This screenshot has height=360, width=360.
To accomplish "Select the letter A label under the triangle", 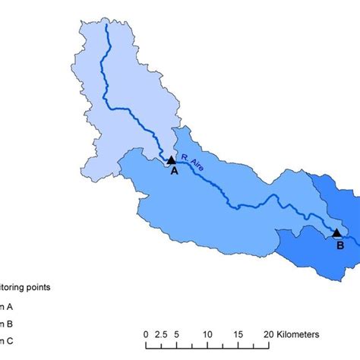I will pos(174,172).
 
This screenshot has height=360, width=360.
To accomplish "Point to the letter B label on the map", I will pos(341,246).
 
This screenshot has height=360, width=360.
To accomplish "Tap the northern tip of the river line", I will pos(106,24).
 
